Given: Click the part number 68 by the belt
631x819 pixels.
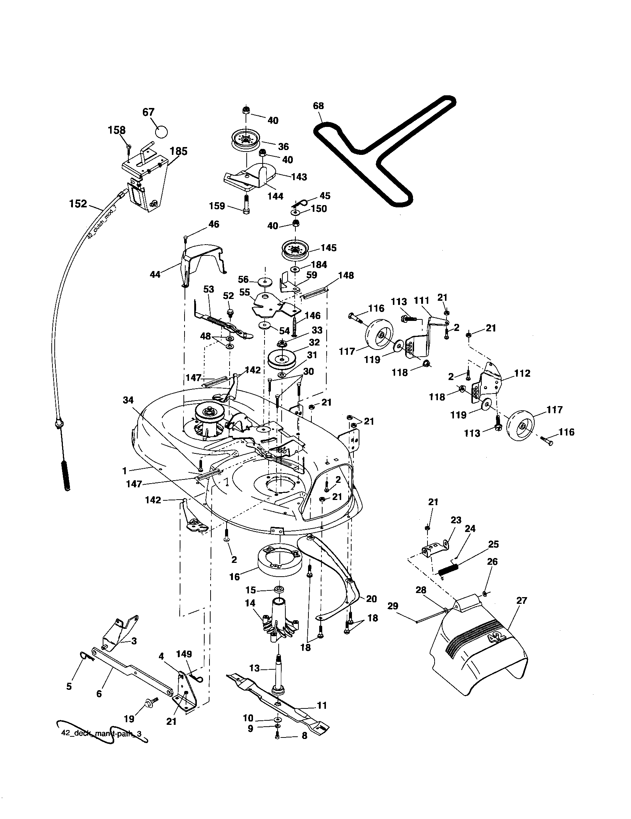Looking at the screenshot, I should [x=318, y=106].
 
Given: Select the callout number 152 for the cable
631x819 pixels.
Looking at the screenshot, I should [x=78, y=204].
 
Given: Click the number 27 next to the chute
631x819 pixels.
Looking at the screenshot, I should [x=522, y=600].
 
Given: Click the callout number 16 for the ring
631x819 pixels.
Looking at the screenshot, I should [x=234, y=576].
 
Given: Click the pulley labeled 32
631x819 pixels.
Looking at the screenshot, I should [x=282, y=358].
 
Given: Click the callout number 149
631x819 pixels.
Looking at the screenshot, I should [x=183, y=654].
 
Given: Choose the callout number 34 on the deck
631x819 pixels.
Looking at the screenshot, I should [x=128, y=400].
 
